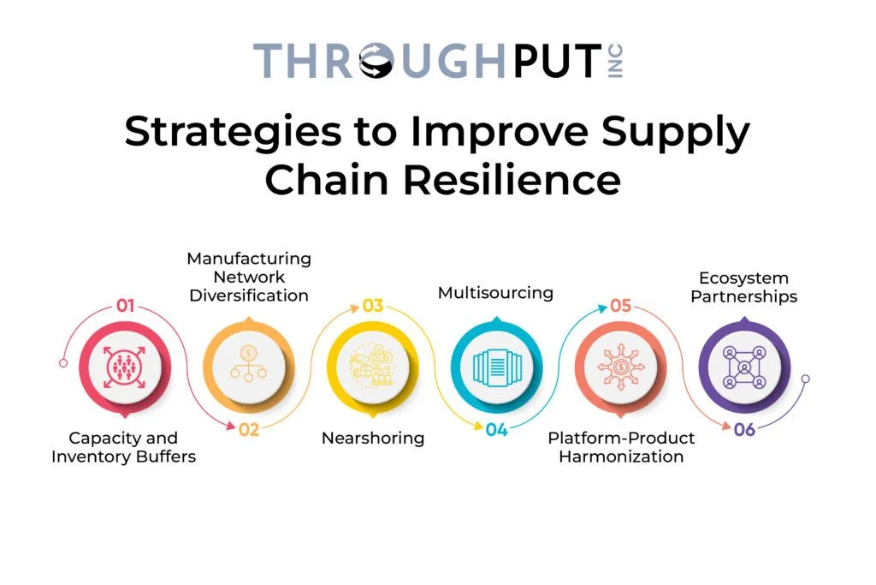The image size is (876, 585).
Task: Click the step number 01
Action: point(125,305)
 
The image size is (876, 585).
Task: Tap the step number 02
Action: point(248,429)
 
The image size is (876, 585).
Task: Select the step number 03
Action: point(372,305)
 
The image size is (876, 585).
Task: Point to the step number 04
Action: point(497,429)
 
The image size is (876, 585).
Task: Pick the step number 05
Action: point(620,305)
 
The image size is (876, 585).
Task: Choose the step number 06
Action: point(744,429)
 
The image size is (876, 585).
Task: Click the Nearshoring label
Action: point(372,438)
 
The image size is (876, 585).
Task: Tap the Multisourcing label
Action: point(495,293)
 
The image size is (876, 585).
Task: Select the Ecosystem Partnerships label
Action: point(743,287)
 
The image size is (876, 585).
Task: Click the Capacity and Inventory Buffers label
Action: point(123,447)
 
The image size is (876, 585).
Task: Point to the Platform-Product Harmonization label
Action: point(621,447)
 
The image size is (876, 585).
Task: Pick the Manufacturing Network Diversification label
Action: point(249,277)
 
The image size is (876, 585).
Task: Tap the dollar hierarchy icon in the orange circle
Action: point(248,364)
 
